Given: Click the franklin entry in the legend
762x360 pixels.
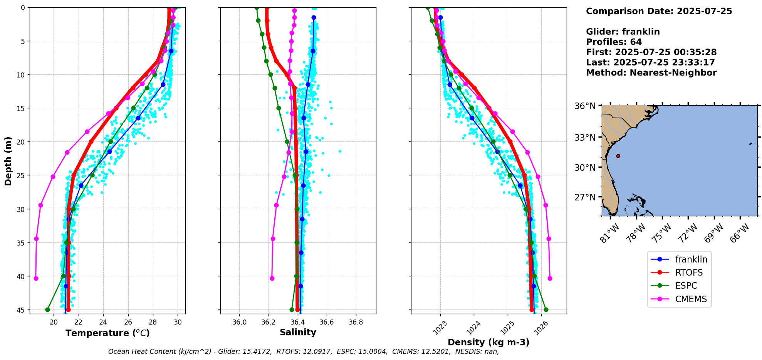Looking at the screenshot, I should [x=691, y=259].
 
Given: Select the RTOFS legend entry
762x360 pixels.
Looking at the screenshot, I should [x=689, y=273].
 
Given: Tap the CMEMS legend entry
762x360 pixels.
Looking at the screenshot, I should [x=691, y=299].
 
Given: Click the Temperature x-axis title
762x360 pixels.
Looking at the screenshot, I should [x=107, y=333].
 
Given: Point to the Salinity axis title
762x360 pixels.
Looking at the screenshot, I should [x=298, y=332].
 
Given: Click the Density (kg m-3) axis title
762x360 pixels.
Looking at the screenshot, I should [x=488, y=342].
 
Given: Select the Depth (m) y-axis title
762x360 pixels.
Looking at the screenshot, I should [x=8, y=161].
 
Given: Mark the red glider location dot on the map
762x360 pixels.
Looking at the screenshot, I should [x=618, y=156].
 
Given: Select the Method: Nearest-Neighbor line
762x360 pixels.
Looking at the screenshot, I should [x=651, y=73].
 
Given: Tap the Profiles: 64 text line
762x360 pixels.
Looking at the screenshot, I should [x=614, y=42].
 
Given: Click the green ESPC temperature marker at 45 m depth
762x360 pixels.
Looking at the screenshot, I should [x=47, y=310].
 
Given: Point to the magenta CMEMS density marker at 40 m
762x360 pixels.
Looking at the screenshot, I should [x=550, y=278].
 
